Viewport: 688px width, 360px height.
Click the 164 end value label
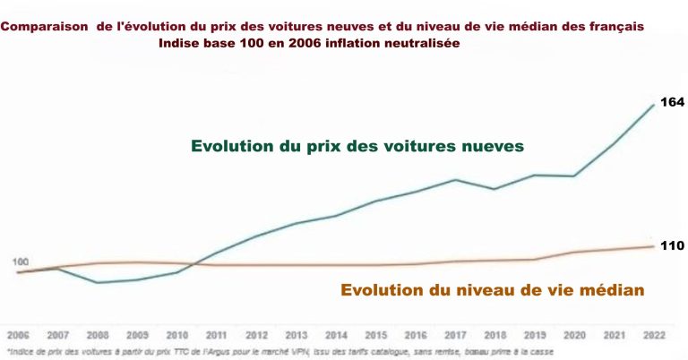click(672, 103)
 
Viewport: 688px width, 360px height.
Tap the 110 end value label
click(672, 245)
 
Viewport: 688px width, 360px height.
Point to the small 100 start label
click(21, 261)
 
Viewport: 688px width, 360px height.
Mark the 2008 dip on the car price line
click(98, 283)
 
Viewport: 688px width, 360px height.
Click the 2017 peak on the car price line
click(455, 179)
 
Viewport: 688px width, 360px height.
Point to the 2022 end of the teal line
click(652, 105)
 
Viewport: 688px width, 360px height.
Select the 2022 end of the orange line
click(652, 246)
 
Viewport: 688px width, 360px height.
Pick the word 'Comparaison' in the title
click(39, 28)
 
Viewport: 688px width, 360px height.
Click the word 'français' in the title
click(615, 28)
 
